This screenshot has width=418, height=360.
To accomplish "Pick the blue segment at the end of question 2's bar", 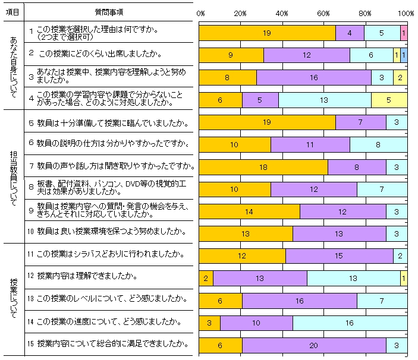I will pyautogui.click(x=404, y=55).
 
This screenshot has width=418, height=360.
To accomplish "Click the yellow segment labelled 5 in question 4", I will pyautogui.click(x=389, y=100).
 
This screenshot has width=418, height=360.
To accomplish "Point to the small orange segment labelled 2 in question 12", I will pyautogui.click(x=206, y=277).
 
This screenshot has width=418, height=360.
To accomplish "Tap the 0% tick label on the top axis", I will pyautogui.click(x=200, y=12).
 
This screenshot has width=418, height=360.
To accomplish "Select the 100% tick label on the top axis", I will pyautogui.click(x=406, y=12).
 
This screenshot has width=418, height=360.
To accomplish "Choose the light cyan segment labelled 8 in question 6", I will pyautogui.click(x=378, y=144).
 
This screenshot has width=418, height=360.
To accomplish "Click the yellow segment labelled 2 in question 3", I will pyautogui.click(x=400, y=78).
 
